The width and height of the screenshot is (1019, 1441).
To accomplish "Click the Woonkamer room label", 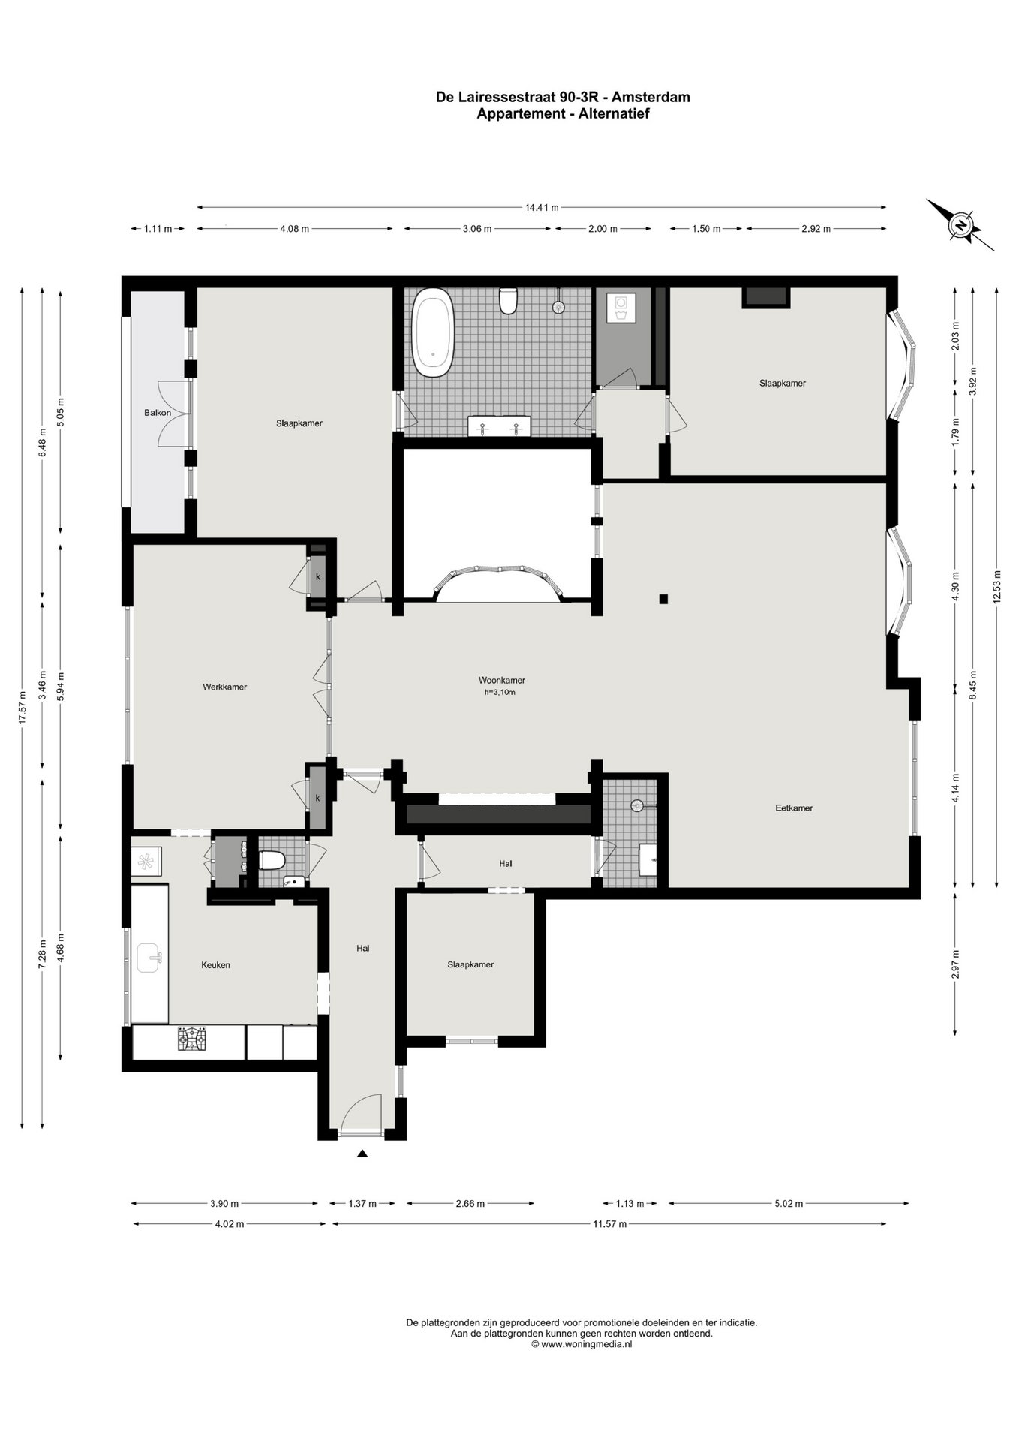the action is (501, 681).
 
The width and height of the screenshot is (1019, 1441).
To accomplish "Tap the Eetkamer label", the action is (794, 808).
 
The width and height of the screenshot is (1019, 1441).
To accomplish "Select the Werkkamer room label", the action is (224, 687).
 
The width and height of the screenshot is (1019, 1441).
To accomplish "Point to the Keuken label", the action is (215, 965).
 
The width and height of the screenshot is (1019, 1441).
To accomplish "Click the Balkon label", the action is (158, 413).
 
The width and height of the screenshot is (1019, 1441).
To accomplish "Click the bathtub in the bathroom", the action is (433, 336).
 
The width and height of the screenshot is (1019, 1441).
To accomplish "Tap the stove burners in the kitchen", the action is (191, 1039).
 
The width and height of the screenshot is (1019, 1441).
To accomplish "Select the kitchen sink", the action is (149, 958).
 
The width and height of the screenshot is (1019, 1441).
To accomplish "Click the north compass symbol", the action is (960, 224).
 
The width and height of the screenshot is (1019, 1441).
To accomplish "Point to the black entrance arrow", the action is (362, 1154).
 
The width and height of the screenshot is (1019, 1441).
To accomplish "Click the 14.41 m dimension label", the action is (542, 208).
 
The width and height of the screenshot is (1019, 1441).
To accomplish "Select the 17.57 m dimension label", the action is (23, 707).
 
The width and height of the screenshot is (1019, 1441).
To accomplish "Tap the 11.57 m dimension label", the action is (610, 1224).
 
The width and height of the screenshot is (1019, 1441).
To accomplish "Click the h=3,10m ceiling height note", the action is (500, 693).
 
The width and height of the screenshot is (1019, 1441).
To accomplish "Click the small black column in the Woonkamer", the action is (663, 599).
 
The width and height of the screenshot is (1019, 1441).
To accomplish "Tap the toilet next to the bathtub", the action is (509, 300).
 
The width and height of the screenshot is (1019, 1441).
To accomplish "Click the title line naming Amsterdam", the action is (563, 97).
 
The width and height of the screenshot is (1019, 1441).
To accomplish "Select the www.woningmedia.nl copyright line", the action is (582, 1344).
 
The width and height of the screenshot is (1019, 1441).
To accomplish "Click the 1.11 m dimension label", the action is (158, 229).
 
